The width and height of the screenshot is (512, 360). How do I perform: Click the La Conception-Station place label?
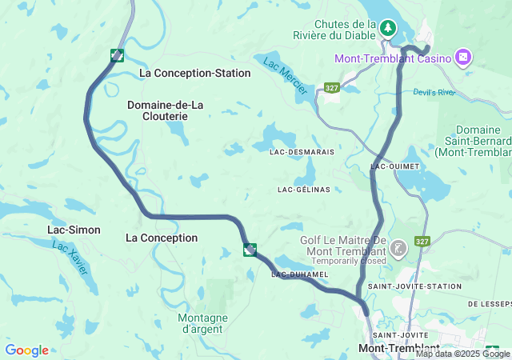pyautogui.click(x=194, y=73)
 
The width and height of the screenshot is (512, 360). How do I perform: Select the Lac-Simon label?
pyautogui.click(x=74, y=230)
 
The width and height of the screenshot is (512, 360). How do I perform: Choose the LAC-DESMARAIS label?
pyautogui.click(x=302, y=150)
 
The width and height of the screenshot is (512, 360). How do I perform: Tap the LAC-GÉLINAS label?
pyautogui.click(x=303, y=190)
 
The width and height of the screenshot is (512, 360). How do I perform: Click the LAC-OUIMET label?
pyautogui.click(x=391, y=166)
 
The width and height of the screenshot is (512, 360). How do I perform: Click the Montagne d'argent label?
pyautogui.click(x=202, y=323)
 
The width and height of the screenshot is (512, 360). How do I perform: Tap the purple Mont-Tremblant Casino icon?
pyautogui.click(x=462, y=58)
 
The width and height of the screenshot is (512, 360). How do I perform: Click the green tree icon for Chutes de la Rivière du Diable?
pyautogui.click(x=388, y=29)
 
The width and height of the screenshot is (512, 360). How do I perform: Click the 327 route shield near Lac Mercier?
pyautogui.click(x=332, y=86)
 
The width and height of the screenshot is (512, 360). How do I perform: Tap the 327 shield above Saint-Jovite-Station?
pyautogui.click(x=423, y=242)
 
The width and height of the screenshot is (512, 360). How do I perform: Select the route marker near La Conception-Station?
pyautogui.click(x=118, y=55)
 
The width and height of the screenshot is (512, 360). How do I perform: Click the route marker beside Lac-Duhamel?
pyautogui.click(x=250, y=250)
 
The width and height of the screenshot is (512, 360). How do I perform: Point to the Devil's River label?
pyautogui.click(x=434, y=92)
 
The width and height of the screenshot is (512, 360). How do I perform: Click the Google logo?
pyautogui.click(x=26, y=350)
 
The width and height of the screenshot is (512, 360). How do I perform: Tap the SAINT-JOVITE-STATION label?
pyautogui.click(x=410, y=286)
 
